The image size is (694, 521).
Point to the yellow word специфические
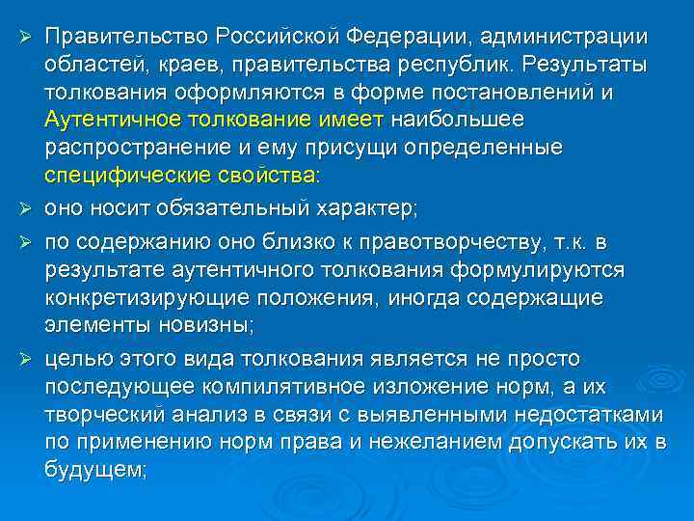(126, 178)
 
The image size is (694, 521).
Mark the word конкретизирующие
(141, 297)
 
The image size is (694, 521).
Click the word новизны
(202, 325)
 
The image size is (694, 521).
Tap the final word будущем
(94, 472)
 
